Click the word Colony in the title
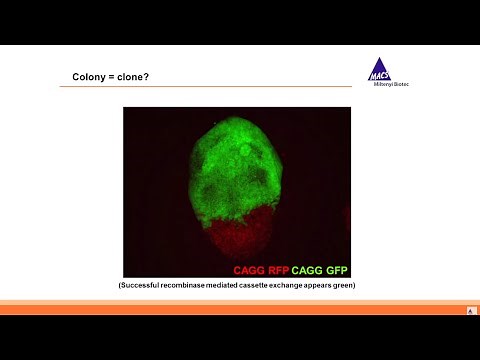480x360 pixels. (x=87, y=77)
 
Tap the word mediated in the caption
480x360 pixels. (x=230, y=286)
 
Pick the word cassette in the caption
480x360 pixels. (x=265, y=286)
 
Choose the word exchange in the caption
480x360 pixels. (x=299, y=286)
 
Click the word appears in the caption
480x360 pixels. (x=334, y=286)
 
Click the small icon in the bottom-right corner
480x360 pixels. (x=471, y=311)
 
